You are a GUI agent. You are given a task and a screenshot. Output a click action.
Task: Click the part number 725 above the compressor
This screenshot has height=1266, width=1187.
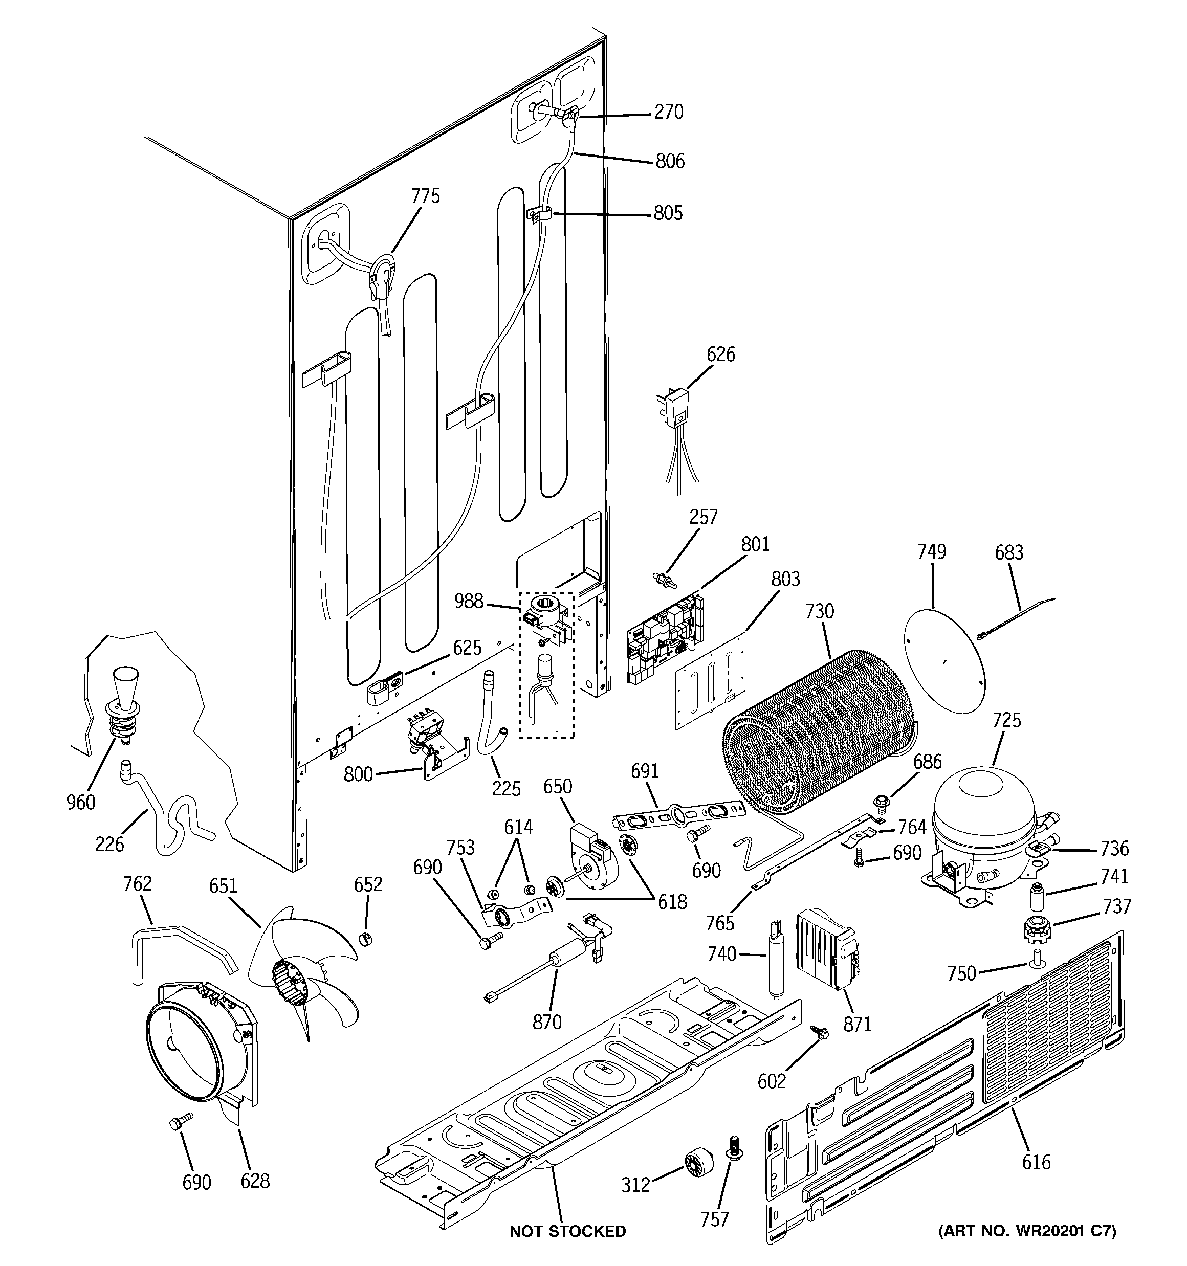click(x=1006, y=720)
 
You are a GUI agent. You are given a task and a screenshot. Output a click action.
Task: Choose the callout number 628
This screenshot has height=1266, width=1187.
click(x=255, y=1181)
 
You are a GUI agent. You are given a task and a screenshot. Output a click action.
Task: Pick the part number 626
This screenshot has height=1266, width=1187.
click(x=720, y=354)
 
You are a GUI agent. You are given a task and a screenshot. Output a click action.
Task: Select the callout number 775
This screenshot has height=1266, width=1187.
click(x=425, y=195)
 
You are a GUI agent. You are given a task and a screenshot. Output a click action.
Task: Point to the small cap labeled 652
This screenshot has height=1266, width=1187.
click(x=365, y=939)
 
